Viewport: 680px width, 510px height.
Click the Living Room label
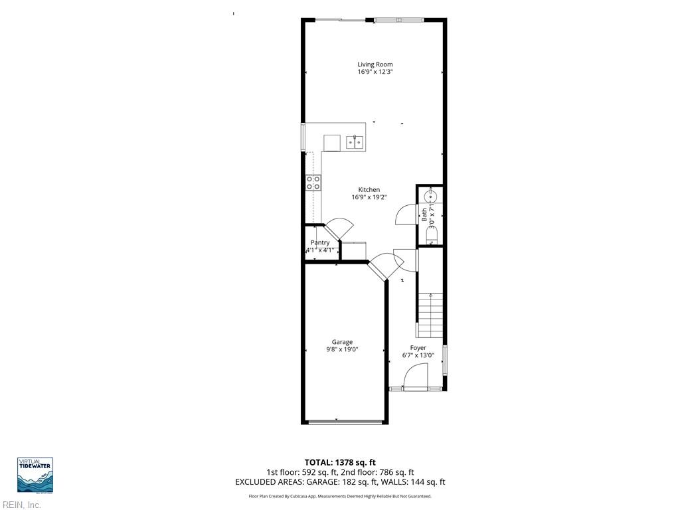(x=375, y=64)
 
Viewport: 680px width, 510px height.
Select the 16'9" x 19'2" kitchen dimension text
(x=369, y=197)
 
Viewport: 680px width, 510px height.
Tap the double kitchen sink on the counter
(x=355, y=142)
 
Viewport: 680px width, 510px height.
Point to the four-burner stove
(x=313, y=183)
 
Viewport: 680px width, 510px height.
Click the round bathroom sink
(x=432, y=197)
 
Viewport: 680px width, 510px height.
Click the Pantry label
(x=320, y=243)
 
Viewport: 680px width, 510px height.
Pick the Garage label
(x=342, y=342)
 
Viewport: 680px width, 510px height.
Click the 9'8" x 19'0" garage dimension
(x=342, y=349)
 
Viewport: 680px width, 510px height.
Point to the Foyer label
(x=418, y=348)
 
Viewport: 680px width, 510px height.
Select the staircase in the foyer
(x=430, y=315)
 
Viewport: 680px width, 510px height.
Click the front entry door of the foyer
(x=416, y=381)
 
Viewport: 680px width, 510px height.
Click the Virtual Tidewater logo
(x=35, y=475)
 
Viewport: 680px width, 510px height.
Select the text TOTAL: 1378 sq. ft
(x=340, y=462)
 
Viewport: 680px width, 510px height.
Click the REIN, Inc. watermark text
(x=21, y=505)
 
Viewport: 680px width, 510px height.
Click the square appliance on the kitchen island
(x=331, y=143)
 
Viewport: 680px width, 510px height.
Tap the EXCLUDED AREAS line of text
(x=340, y=482)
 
